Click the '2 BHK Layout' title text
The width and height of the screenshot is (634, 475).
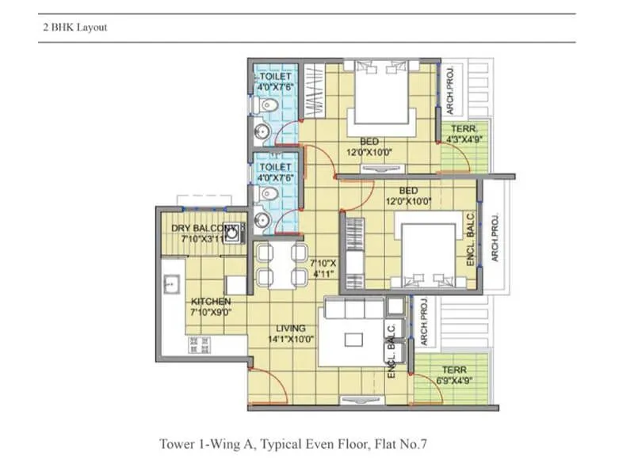pos(74,27)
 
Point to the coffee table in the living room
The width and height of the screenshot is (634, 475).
pos(354,338)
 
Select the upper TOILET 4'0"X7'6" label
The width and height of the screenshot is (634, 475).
pos(275,82)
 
